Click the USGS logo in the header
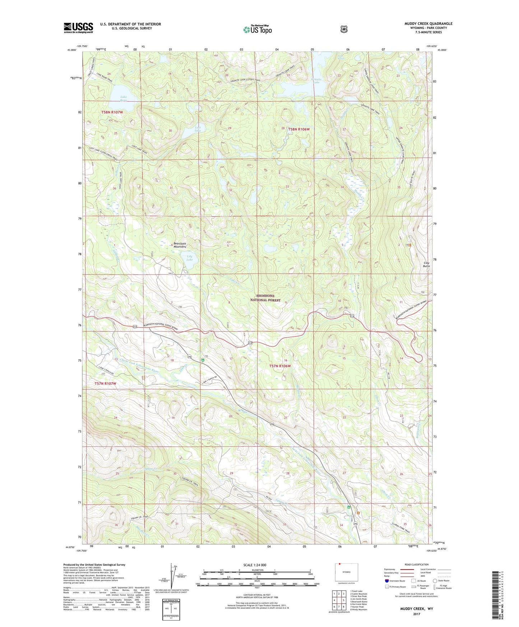tap(78, 28)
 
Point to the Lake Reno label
tap(124, 98)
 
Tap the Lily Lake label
tap(190, 258)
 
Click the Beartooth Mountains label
tap(180, 245)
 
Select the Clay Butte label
tap(426, 264)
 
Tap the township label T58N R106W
tap(298, 129)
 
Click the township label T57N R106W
tap(280, 366)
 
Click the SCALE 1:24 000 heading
tap(255, 565)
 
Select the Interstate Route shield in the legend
tap(386, 581)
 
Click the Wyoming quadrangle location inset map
tap(346, 573)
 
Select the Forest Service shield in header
tap(344, 29)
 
